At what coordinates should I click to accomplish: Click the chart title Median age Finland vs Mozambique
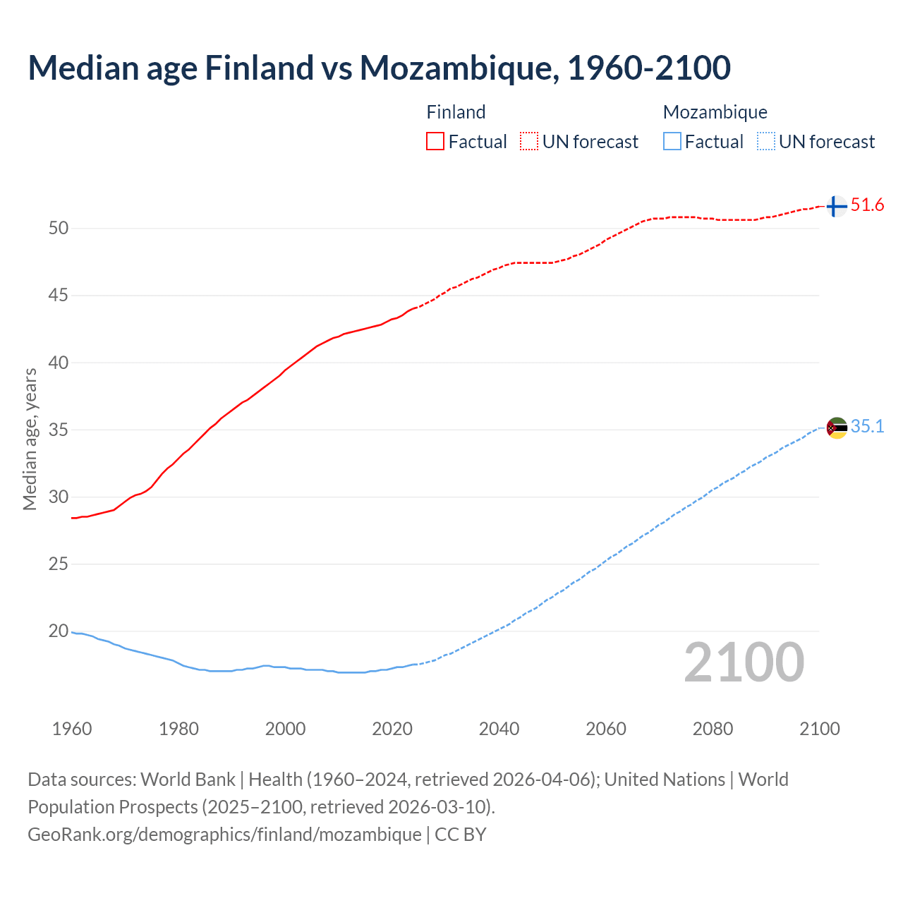(379, 68)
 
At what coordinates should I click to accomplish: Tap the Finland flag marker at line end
(836, 207)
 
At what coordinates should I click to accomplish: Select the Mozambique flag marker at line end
(837, 428)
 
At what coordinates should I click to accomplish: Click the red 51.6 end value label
(867, 205)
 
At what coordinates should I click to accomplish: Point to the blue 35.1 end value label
(867, 427)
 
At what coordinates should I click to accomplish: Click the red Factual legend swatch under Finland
(435, 142)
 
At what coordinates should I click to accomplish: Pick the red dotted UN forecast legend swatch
(529, 142)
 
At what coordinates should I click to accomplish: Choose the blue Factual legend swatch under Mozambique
(672, 142)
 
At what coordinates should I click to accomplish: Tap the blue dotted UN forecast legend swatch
(765, 142)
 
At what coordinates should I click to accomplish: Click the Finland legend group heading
(456, 112)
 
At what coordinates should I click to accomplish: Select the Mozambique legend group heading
(715, 112)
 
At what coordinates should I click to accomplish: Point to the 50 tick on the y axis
(59, 228)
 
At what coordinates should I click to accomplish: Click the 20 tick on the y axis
(59, 631)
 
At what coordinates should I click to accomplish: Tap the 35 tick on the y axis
(59, 430)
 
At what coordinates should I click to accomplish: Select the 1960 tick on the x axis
(72, 729)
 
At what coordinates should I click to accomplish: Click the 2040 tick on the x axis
(499, 729)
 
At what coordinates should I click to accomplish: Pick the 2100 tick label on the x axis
(819, 729)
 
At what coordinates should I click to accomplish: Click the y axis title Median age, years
(30, 439)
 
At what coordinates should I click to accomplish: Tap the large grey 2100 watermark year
(744, 662)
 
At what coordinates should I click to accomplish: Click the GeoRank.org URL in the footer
(224, 835)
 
